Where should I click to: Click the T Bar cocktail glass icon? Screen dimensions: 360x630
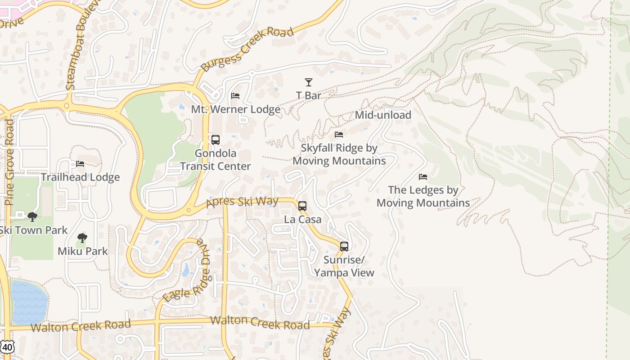[x=309, y=82]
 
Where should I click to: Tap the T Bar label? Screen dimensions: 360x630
[x=309, y=95]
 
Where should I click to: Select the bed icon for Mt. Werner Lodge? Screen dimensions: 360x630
[x=235, y=96]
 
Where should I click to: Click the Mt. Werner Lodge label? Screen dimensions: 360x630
[x=236, y=109]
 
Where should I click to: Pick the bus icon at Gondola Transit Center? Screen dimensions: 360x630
[x=216, y=140]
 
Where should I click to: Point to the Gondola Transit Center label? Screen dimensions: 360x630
[x=216, y=160]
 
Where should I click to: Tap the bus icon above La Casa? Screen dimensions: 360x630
[x=302, y=206]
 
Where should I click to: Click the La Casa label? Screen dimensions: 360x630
[x=303, y=220]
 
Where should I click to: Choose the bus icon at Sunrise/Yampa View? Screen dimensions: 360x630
[x=344, y=247]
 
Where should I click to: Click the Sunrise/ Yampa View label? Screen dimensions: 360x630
[x=344, y=266]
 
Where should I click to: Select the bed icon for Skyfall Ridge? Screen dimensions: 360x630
[x=339, y=135]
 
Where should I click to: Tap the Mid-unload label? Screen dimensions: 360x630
[x=383, y=115]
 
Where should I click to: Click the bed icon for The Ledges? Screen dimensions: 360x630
[x=423, y=177]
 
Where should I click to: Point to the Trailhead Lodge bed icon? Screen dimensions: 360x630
[x=80, y=164]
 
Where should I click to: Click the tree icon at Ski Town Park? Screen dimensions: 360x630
[x=32, y=217]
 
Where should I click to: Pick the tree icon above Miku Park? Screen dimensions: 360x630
[x=82, y=238]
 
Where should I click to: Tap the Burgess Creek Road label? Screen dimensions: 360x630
[x=247, y=49]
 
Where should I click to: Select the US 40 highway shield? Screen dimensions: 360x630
[x=8, y=347]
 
